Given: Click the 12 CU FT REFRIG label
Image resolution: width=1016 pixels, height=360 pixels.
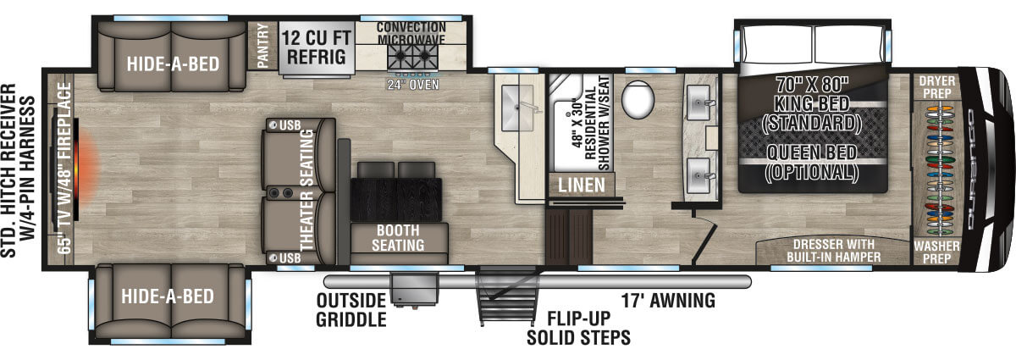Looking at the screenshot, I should (315, 47).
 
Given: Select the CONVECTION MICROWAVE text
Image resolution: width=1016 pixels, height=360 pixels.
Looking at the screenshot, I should (411, 32).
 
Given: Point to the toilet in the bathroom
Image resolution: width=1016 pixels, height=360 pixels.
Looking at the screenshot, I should (638, 101).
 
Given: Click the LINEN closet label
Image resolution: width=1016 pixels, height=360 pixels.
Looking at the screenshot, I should (581, 185).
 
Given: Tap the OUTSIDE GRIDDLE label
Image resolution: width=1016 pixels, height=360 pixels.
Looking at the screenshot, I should (351, 311).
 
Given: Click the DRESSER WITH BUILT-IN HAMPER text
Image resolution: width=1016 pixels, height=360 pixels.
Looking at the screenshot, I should (833, 250).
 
